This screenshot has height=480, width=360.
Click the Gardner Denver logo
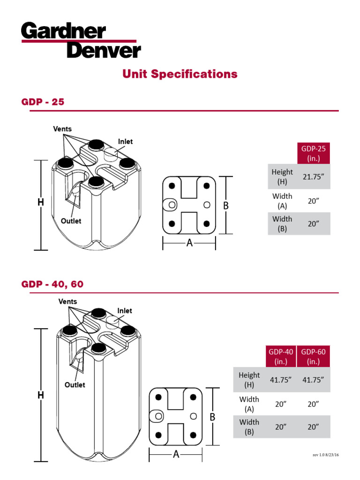pos(81,41)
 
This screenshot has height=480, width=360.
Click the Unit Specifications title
pos(180,74)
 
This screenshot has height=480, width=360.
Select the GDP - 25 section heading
pos(43,102)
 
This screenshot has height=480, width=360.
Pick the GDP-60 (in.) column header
pos(313,356)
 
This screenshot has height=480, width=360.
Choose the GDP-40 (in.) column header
pos(281,356)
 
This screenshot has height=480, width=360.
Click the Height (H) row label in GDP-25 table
pos(282,177)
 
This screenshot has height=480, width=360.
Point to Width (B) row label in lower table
pos(249,427)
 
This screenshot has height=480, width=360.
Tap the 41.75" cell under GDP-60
pos(313,380)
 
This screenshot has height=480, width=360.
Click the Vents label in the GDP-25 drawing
pos(62,129)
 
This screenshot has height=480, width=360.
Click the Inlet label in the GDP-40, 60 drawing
pos(125,311)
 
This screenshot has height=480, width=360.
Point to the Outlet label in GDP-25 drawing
pos(71,221)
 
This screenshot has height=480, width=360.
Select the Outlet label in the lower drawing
pos(75,384)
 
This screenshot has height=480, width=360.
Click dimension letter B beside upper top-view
pos(225,205)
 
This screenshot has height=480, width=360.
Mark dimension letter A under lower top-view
pos(176,454)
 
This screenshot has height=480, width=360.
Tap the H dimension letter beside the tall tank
pos(41,395)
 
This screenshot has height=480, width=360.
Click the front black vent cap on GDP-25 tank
pos(95,181)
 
